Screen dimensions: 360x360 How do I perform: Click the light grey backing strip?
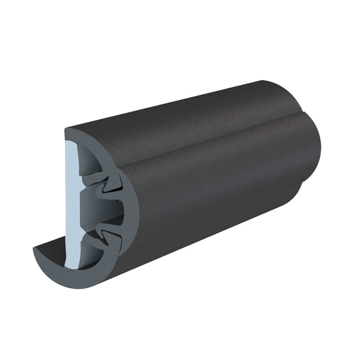(72, 206)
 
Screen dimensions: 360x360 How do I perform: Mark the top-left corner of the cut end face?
(66, 129)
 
